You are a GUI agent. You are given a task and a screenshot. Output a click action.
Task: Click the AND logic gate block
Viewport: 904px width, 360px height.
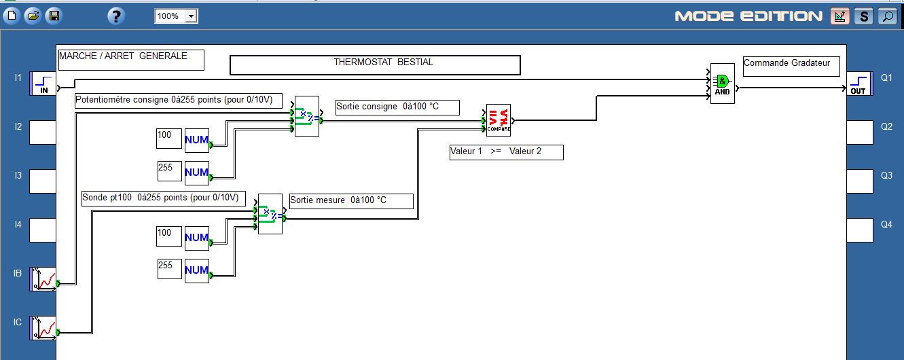click(x=722, y=84)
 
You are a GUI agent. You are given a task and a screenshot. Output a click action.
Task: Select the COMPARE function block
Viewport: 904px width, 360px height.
click(x=498, y=120)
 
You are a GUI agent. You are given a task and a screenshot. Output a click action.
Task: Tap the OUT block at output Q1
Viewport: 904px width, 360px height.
click(x=858, y=84)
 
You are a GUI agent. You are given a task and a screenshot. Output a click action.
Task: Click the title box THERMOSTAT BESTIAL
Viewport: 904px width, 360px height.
click(x=375, y=65)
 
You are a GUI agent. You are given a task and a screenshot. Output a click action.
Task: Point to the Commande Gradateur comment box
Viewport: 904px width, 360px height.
click(x=791, y=66)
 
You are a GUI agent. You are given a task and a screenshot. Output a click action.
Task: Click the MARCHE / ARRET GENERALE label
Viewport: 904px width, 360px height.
click(x=131, y=60)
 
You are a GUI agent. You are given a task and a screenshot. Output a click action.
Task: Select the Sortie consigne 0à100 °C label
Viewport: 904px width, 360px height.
click(x=397, y=107)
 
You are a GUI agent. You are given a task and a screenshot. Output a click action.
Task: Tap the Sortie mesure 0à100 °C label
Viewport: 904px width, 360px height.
click(x=351, y=201)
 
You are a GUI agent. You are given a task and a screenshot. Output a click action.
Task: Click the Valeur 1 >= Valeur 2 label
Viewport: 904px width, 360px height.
click(x=506, y=152)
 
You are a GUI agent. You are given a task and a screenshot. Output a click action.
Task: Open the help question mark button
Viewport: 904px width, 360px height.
click(x=116, y=16)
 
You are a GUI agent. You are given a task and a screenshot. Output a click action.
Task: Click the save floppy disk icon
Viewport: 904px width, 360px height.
click(x=54, y=16)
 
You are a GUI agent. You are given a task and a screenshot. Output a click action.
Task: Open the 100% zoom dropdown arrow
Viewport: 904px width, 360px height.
click(x=191, y=16)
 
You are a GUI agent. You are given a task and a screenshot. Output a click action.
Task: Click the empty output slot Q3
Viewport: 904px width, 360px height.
click(x=858, y=181)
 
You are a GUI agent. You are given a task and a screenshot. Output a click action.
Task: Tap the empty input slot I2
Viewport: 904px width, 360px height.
click(x=42, y=132)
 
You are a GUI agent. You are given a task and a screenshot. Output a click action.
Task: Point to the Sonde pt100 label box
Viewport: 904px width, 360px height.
click(x=162, y=198)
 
